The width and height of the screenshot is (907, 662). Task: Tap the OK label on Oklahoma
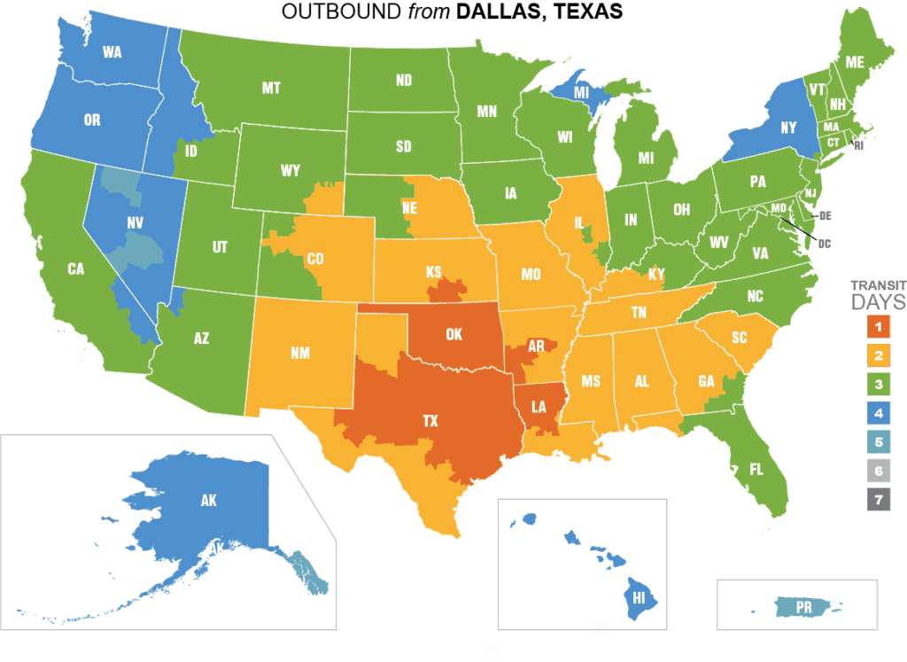454,335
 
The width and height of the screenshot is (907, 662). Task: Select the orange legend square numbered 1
877,327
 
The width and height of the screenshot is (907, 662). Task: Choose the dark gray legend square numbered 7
877,499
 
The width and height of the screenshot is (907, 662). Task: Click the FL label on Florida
756,470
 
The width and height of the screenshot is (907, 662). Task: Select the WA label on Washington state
112,52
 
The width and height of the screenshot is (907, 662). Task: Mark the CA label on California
76,269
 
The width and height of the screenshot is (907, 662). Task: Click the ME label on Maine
854,62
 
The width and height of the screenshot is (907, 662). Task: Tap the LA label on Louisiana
539,406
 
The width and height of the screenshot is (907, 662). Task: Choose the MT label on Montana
271,88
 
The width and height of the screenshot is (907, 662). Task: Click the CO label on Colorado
314,260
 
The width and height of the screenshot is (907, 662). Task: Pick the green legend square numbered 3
877,384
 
